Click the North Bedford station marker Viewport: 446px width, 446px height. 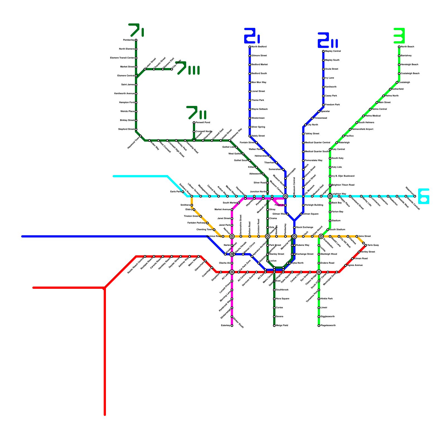pos(250,47)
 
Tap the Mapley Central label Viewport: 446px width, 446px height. pos(333,51)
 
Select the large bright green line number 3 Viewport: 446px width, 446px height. pos(399,36)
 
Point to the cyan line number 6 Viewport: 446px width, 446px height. pos(423,196)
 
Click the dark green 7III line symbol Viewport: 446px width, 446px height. pos(188,68)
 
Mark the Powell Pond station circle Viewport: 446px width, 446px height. pos(194,123)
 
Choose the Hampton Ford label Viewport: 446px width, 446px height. pos(127,103)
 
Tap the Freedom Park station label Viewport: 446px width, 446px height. pos(332,105)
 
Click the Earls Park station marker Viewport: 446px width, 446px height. pos(183,192)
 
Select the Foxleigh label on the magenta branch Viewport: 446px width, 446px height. pos(279,205)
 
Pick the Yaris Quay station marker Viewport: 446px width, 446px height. pos(366,245)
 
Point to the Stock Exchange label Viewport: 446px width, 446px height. pos(304,227)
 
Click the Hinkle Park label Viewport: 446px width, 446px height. pos(326,299)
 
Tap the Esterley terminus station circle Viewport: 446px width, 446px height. pos(232,326)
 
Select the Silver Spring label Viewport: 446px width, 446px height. pos(258,127)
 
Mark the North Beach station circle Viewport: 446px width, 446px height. pos(399,47)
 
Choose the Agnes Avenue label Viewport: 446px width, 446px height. pos(355,265)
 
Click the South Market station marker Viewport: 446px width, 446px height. pos(239,203)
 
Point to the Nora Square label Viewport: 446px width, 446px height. pos(282,299)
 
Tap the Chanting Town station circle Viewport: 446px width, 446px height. pos(214,230)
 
